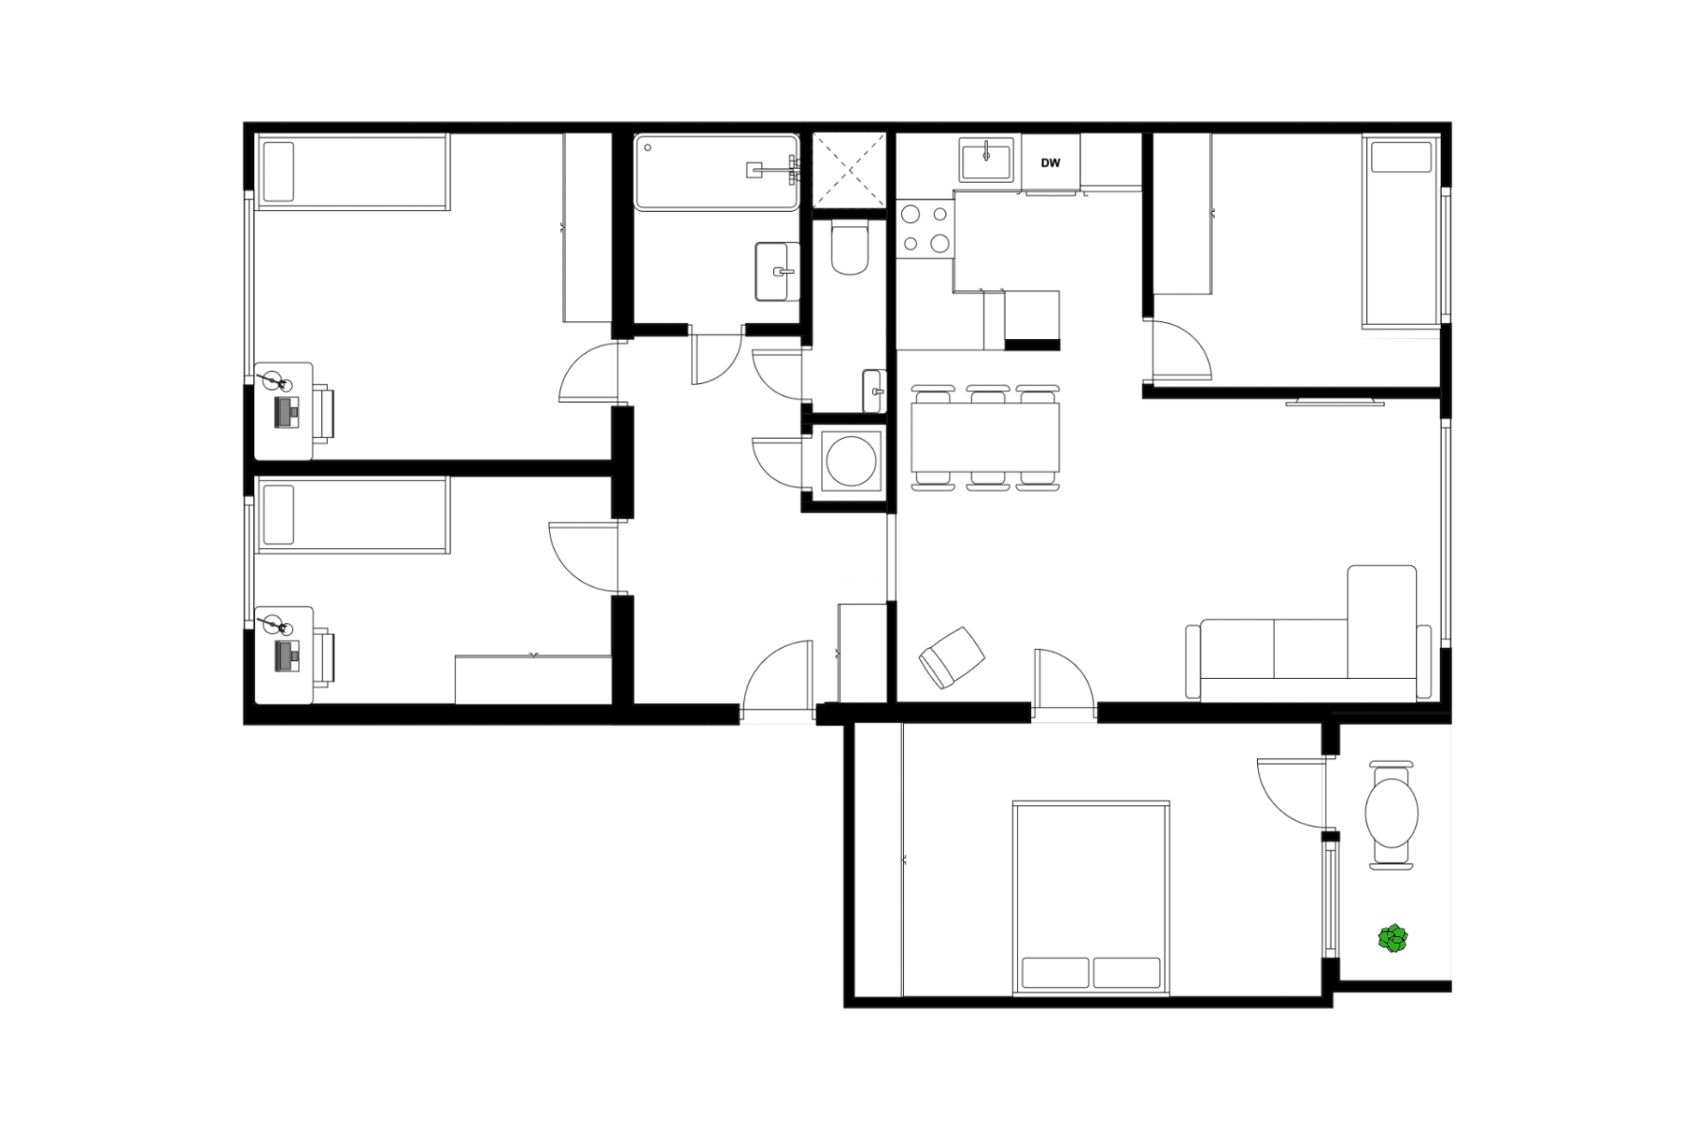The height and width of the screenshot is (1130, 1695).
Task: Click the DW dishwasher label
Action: tap(1050, 163)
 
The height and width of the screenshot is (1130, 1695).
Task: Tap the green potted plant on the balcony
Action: tap(1393, 939)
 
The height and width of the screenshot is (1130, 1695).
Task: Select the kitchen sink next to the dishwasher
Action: tap(985, 159)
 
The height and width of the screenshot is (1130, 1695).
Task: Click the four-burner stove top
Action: tap(925, 229)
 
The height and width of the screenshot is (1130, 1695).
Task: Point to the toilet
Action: tap(849, 250)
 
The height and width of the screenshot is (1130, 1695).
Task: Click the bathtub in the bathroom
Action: tap(717, 171)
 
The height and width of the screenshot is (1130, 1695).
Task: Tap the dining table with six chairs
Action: tap(985, 437)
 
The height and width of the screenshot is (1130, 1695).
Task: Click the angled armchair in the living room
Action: tap(951, 656)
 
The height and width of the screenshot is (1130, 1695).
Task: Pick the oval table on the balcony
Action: tap(1392, 813)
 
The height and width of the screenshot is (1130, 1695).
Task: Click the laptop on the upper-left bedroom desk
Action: tap(287, 412)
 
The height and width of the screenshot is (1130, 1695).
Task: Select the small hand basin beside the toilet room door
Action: tap(874, 390)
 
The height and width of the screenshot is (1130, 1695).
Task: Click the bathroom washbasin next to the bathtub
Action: tap(777, 271)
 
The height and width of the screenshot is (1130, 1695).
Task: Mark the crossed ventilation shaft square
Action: tap(849, 169)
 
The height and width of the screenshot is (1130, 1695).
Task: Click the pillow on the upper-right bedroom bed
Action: tap(1400, 156)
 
